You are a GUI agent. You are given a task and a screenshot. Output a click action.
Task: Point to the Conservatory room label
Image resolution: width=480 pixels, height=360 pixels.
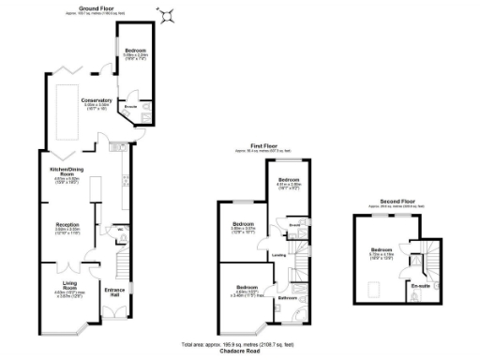coord(97,100)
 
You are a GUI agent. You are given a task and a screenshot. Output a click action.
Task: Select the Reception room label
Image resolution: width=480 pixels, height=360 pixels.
coord(67,225)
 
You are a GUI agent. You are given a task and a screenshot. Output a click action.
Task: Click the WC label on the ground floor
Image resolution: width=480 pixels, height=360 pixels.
coord(121,228)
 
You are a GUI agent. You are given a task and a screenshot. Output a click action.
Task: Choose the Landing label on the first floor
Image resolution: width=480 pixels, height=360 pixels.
coord(278,254)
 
